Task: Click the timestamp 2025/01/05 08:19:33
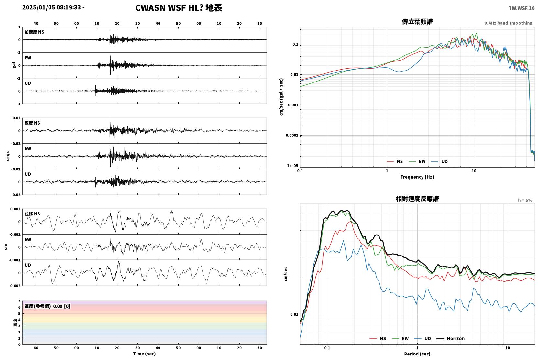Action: pyautogui.click(x=52, y=7)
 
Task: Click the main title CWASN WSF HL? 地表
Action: pyautogui.click(x=179, y=8)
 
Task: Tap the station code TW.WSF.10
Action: pyautogui.click(x=522, y=8)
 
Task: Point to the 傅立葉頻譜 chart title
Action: pyautogui.click(x=417, y=22)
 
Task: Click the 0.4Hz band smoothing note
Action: pyautogui.click(x=508, y=23)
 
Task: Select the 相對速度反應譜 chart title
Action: pyautogui.click(x=417, y=199)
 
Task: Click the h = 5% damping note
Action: pyautogui.click(x=525, y=200)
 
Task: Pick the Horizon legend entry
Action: pyautogui.click(x=451, y=339)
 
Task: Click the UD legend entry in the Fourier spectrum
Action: pyautogui.click(x=440, y=162)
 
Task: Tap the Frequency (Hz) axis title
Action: pyautogui.click(x=417, y=177)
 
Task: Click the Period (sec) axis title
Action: pyautogui.click(x=417, y=354)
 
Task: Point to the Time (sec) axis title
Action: pyautogui.click(x=144, y=354)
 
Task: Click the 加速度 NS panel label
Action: pyautogui.click(x=34, y=32)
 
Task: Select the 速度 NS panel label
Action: pyautogui.click(x=32, y=123)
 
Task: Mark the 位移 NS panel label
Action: pyautogui.click(x=32, y=214)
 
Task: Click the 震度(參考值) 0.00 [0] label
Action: pyautogui.click(x=47, y=306)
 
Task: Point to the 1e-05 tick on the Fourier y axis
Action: pyautogui.click(x=292, y=166)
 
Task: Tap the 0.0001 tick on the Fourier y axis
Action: pyautogui.click(x=292, y=136)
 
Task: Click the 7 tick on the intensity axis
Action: pyautogui.click(x=19, y=301)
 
